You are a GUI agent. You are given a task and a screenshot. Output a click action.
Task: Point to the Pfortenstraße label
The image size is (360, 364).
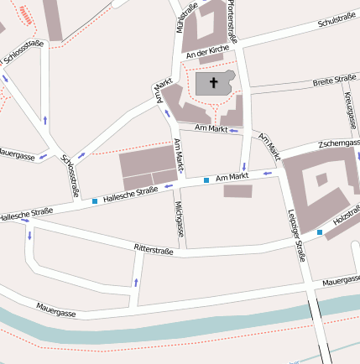(x=232, y=21)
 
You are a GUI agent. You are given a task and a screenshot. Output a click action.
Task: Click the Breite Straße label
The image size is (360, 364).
(x=334, y=82)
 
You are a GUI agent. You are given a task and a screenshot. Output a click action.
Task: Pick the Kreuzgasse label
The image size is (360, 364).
(x=348, y=109)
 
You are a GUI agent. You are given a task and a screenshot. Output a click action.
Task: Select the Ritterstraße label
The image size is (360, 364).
(x=153, y=250)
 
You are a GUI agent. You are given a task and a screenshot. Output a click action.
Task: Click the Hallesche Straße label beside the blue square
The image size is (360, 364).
(x=130, y=194)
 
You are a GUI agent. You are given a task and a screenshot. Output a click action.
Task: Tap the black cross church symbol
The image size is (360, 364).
(x=213, y=83)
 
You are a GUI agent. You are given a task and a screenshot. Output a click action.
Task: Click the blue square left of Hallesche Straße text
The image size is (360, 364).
(x=94, y=201)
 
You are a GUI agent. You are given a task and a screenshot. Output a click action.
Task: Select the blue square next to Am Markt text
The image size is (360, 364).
(x=206, y=180)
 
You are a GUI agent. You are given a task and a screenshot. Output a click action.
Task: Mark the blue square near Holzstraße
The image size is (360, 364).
(x=319, y=231)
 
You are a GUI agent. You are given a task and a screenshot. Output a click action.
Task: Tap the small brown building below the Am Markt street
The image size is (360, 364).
(x=237, y=191)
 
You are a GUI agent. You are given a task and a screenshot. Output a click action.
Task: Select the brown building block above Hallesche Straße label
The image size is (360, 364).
(x=147, y=169)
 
